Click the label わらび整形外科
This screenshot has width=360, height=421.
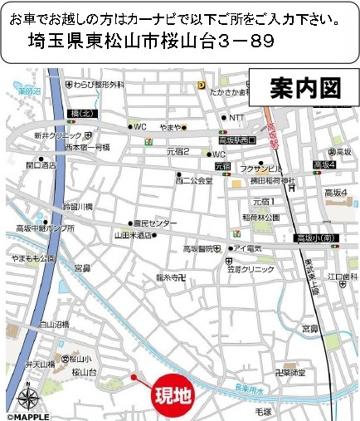tap(98, 85)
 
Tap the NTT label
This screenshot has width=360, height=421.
tap(236, 117)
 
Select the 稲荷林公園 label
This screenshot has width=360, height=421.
tap(260, 218)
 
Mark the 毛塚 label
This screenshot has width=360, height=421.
tap(264, 411)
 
